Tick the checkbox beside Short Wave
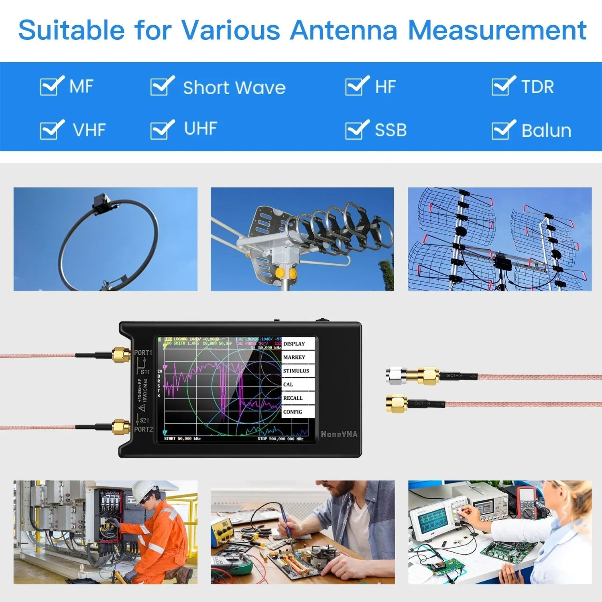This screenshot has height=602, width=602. click(161, 86)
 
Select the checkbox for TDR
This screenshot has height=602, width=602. click(502, 86)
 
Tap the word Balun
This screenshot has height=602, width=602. click(546, 130)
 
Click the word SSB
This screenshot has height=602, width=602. click(390, 130)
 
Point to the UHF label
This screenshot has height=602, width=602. click(200, 128)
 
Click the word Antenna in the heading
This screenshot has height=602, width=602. click(344, 30)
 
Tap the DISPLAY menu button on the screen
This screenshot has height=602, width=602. click(297, 344)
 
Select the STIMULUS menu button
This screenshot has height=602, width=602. click(297, 371)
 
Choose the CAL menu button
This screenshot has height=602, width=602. click(297, 384)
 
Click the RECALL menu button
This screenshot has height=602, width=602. click(297, 398)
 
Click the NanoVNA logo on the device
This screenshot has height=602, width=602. click(339, 434)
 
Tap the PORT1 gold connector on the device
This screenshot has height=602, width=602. click(121, 355)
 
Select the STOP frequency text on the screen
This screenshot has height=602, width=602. click(280, 439)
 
